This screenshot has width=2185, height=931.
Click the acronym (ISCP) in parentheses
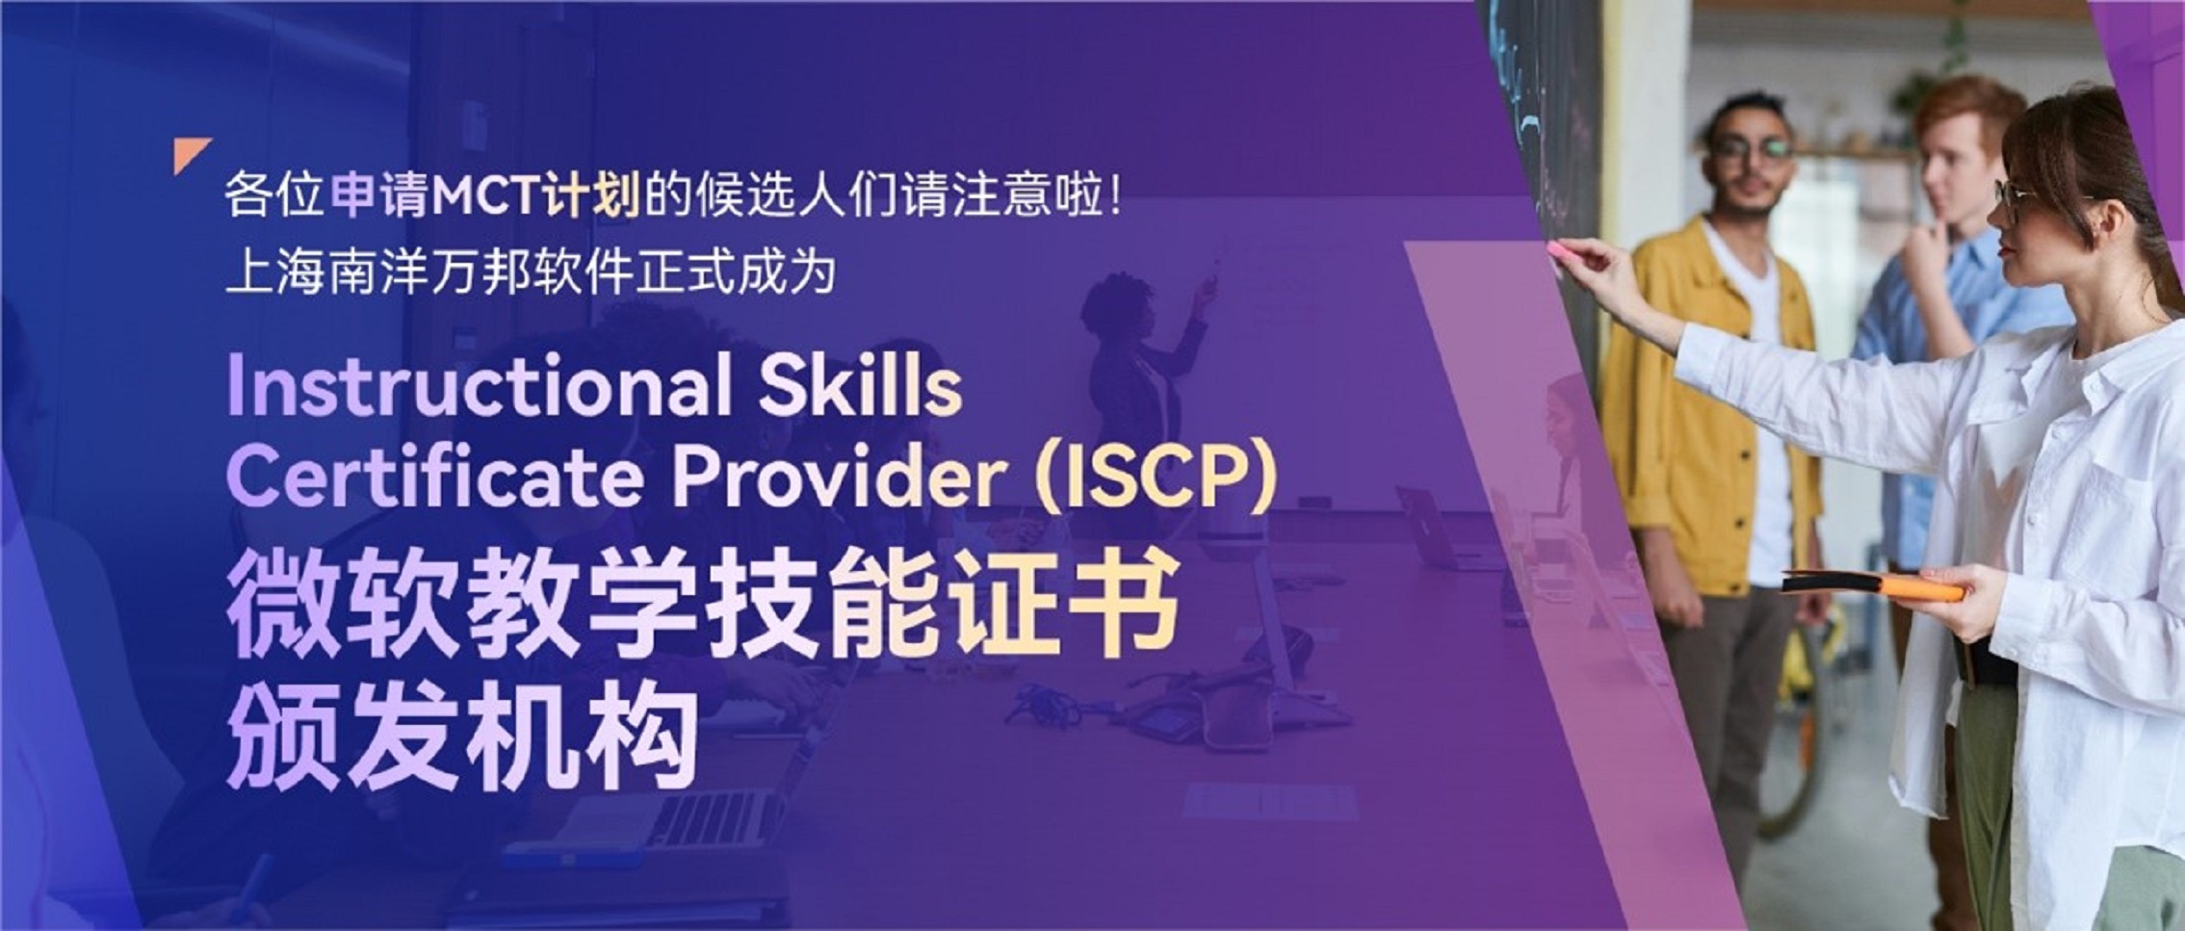click(x=1155, y=477)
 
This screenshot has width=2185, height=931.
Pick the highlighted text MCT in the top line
click(x=485, y=197)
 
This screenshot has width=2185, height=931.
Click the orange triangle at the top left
click(x=192, y=156)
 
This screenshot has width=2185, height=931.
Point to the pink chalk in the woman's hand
click(x=1556, y=251)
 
